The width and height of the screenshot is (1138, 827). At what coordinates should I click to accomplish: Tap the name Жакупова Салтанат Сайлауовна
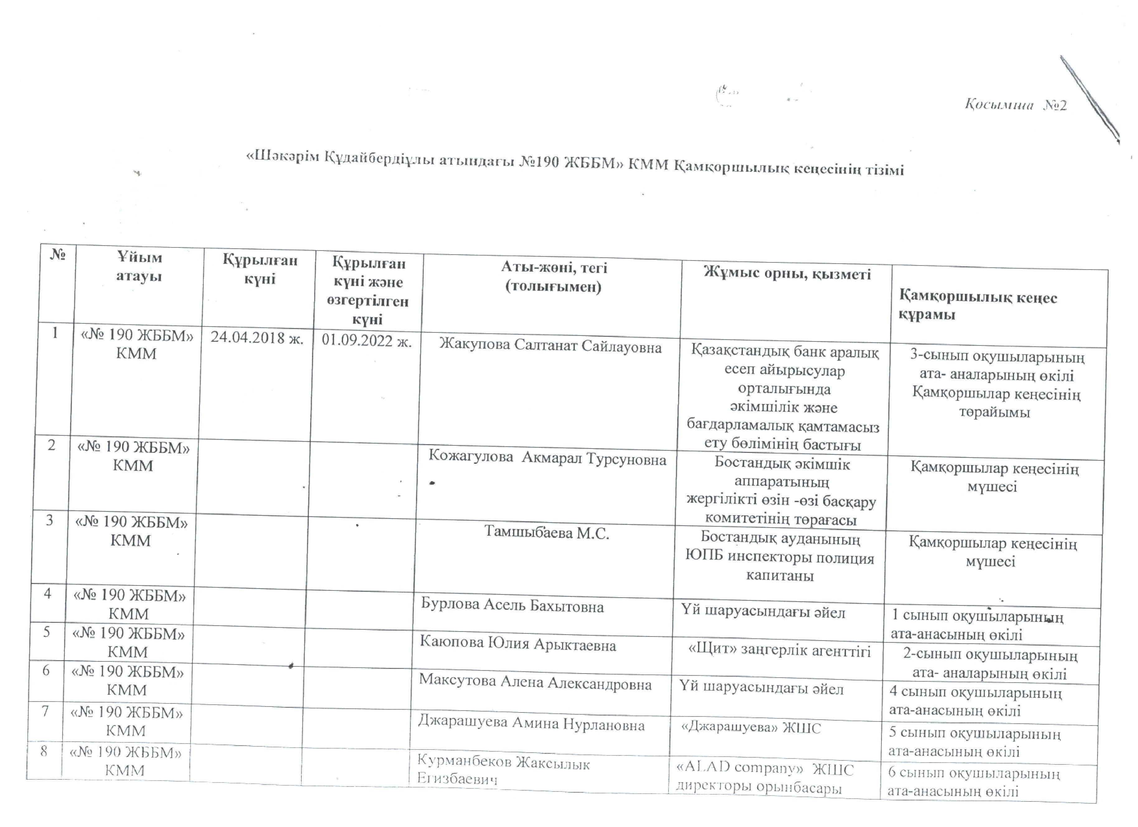click(550, 346)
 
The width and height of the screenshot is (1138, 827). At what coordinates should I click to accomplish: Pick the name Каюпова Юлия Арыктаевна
click(518, 644)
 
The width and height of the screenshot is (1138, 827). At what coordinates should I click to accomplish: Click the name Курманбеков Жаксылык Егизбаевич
click(503, 771)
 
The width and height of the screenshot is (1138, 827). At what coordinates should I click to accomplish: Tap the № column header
click(59, 255)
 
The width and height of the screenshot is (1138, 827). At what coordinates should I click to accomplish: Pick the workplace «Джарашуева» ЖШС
click(751, 728)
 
